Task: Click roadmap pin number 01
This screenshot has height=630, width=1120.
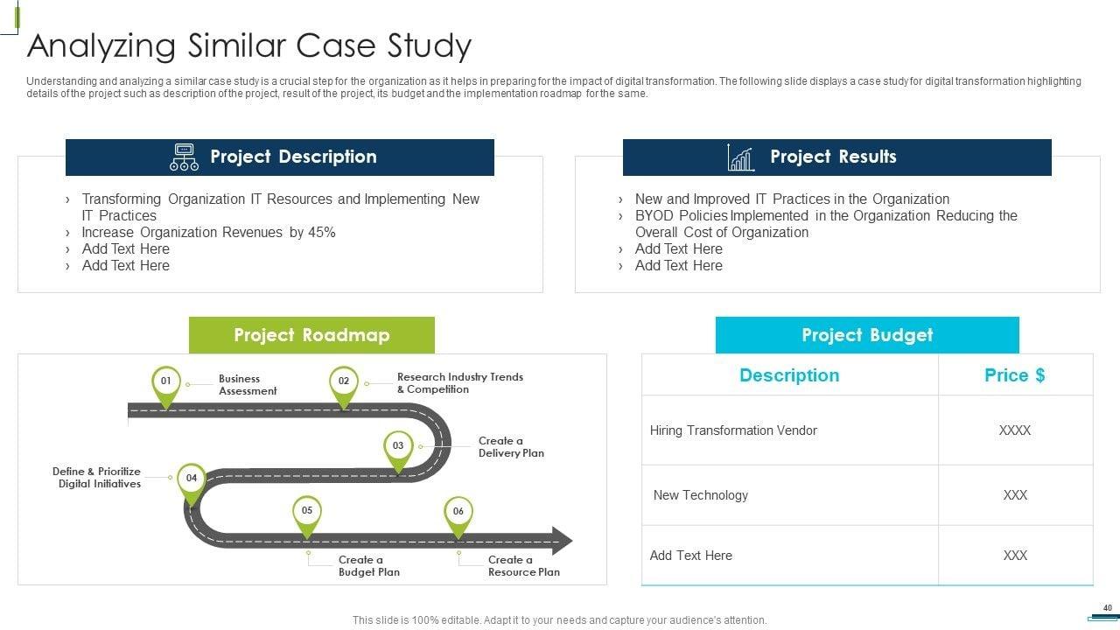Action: pos(165,382)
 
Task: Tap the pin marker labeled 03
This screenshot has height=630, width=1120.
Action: pos(398,446)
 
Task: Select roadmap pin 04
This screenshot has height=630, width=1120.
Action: pos(191,479)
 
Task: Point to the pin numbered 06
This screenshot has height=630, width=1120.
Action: pos(458,512)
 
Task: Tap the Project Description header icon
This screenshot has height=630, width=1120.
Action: pos(184,157)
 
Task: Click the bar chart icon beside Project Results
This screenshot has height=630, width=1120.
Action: pos(740,157)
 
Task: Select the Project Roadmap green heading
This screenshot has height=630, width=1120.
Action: pos(311,335)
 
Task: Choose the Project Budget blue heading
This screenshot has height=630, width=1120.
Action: pos(867,335)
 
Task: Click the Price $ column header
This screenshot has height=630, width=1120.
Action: pos(1014,375)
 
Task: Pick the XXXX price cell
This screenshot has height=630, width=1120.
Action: pos(1014,430)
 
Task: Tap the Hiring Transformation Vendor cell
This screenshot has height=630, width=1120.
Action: pos(733,430)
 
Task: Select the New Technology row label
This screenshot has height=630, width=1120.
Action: pos(700,495)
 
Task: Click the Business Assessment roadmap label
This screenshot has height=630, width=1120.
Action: pos(247,385)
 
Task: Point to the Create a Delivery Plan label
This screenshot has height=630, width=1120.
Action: pos(511,447)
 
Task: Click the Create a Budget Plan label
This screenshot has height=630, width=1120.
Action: pos(368,566)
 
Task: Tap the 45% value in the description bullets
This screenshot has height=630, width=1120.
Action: pos(321,233)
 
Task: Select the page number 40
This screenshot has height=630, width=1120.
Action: pos(1107,608)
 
